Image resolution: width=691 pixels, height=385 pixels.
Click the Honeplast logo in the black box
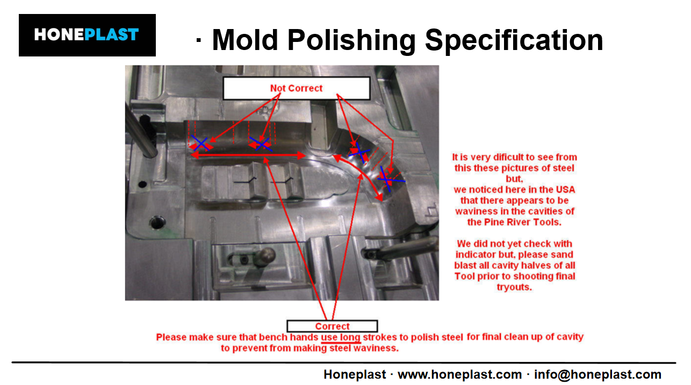[x=87, y=35]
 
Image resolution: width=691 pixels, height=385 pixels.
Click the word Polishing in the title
[x=351, y=40]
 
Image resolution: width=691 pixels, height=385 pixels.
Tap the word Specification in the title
[x=514, y=40]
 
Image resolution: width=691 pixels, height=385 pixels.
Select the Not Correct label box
[x=297, y=88]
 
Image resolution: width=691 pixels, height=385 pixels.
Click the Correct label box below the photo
[x=332, y=326]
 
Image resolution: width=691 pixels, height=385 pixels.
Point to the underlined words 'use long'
[x=341, y=337]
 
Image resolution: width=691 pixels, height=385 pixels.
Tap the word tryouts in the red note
[x=514, y=287]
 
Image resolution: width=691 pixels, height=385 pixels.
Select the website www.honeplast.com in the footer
[x=459, y=374]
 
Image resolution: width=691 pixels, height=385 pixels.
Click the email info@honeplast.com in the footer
[x=598, y=374]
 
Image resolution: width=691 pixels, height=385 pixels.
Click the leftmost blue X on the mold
[x=200, y=143]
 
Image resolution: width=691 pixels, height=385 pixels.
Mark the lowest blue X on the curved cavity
[x=388, y=180]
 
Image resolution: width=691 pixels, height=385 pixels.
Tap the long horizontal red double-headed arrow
[x=248, y=155]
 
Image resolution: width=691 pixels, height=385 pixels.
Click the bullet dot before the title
[x=199, y=40]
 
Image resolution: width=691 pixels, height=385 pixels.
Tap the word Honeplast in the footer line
[x=355, y=374]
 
